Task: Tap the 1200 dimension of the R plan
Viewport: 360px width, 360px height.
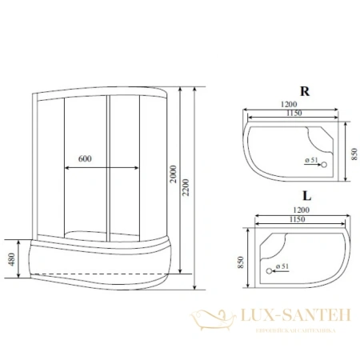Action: pos(289,105)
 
